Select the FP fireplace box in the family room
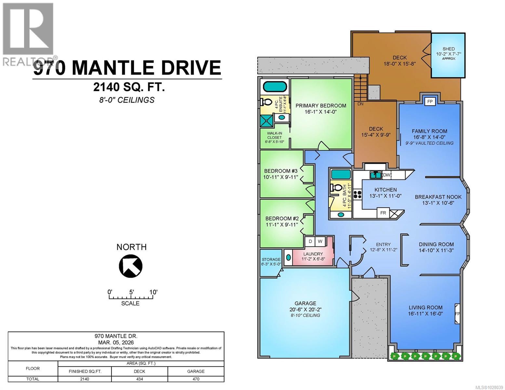pyautogui.click(x=430, y=101)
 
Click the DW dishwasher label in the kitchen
pyautogui.click(x=386, y=175)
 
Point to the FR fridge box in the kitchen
pyautogui.click(x=383, y=213)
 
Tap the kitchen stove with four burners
pyautogui.click(x=357, y=194)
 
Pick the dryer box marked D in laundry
pyautogui.click(x=310, y=241)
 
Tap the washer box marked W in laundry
pyautogui.click(x=320, y=241)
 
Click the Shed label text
pyautogui.click(x=448, y=49)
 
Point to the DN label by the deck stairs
pyautogui.click(x=360, y=104)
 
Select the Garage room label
pyautogui.click(x=305, y=303)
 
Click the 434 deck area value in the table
pyautogui.click(x=140, y=379)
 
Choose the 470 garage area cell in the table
pyautogui.click(x=196, y=379)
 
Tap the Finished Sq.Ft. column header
pyautogui.click(x=85, y=371)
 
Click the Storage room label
pyautogui.click(x=271, y=259)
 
